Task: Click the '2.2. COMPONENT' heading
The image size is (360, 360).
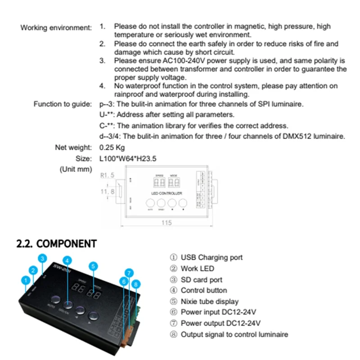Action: click(x=56, y=243)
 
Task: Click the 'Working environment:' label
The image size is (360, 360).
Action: click(x=56, y=27)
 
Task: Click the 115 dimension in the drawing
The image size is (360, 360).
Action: click(x=167, y=223)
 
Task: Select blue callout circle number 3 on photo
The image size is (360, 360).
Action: click(x=42, y=258)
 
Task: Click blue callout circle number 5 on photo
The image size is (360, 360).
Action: click(x=93, y=266)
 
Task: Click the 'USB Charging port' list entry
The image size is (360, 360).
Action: click(x=207, y=257)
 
